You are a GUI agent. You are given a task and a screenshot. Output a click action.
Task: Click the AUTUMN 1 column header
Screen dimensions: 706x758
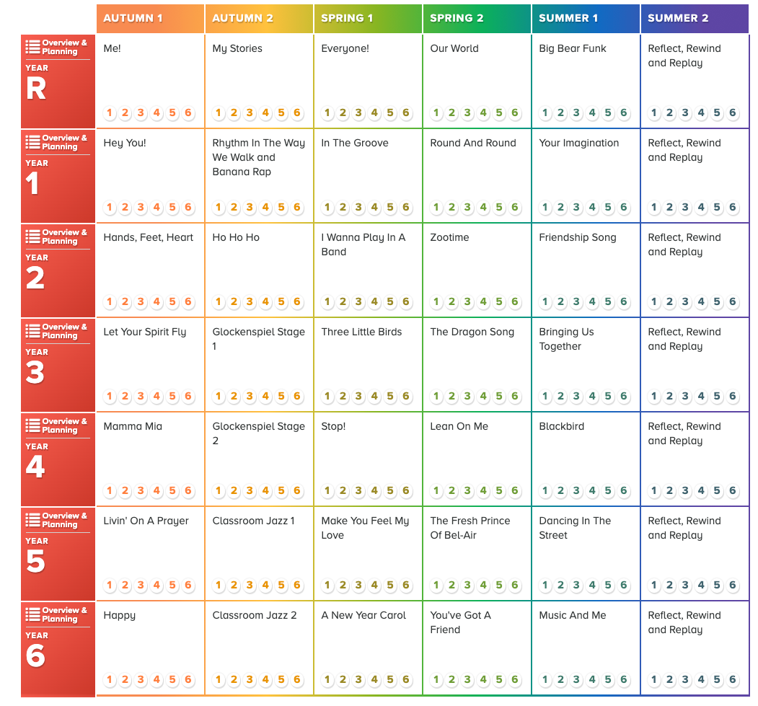click(133, 18)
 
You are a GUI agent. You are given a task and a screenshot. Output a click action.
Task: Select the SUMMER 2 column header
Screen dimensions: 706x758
click(678, 18)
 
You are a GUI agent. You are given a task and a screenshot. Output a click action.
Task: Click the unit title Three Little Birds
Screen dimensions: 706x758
click(361, 332)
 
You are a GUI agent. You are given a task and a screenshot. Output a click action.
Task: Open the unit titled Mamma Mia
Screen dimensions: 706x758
click(133, 426)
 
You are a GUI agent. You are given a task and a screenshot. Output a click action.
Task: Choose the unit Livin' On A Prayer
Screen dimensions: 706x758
click(146, 521)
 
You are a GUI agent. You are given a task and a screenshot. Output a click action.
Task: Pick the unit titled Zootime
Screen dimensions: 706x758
click(449, 237)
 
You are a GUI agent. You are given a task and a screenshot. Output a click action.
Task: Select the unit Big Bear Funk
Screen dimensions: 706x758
click(573, 48)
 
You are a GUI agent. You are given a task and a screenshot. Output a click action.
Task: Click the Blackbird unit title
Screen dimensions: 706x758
click(561, 426)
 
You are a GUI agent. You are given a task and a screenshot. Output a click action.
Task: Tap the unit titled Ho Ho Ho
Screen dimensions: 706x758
click(236, 237)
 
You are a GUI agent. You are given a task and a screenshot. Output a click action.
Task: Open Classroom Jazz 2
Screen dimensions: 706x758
click(255, 615)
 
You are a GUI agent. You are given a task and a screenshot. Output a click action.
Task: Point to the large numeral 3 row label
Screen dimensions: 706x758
click(35, 373)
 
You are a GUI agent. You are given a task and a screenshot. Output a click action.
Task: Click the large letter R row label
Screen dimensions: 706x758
click(36, 89)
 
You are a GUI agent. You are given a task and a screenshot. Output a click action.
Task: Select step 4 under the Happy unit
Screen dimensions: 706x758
click(157, 679)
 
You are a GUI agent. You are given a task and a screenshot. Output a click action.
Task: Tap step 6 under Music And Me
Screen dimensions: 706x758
click(624, 679)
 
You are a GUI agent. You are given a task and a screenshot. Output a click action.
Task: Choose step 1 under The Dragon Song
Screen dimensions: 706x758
click(436, 396)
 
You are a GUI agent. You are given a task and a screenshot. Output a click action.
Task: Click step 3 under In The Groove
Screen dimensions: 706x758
click(358, 207)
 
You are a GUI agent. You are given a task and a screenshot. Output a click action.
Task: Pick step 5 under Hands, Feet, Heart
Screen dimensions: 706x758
click(172, 301)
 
